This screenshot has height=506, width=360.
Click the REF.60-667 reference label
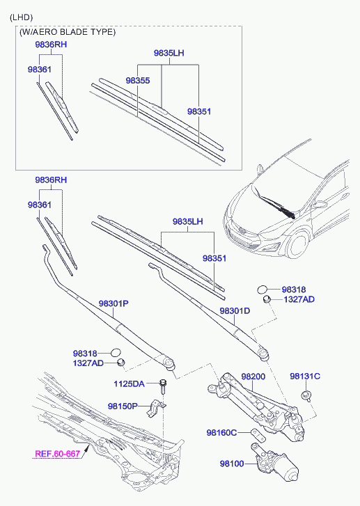pos(57,453)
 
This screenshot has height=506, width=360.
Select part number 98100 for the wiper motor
pos(232,464)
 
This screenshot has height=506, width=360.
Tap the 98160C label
pos(221,432)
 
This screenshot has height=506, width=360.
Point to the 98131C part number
pos(305,377)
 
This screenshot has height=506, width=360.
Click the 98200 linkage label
pos(253,377)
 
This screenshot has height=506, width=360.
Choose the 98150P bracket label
pos(123,406)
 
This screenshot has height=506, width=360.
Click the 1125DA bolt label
pos(129,384)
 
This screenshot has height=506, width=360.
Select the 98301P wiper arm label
pos(114,303)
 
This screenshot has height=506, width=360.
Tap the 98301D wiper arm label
pos(235,311)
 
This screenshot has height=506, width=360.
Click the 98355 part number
pos(138,80)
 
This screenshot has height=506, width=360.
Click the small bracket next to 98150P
pos(156,408)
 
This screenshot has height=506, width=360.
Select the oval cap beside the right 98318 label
pos(263,290)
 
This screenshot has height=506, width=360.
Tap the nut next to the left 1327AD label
pos(120,363)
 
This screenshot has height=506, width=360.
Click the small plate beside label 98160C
pos(258,435)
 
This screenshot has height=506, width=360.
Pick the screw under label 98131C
pos(306,396)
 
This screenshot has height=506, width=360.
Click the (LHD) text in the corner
pos(22,17)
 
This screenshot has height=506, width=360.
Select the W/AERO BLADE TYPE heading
pos(68,32)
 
